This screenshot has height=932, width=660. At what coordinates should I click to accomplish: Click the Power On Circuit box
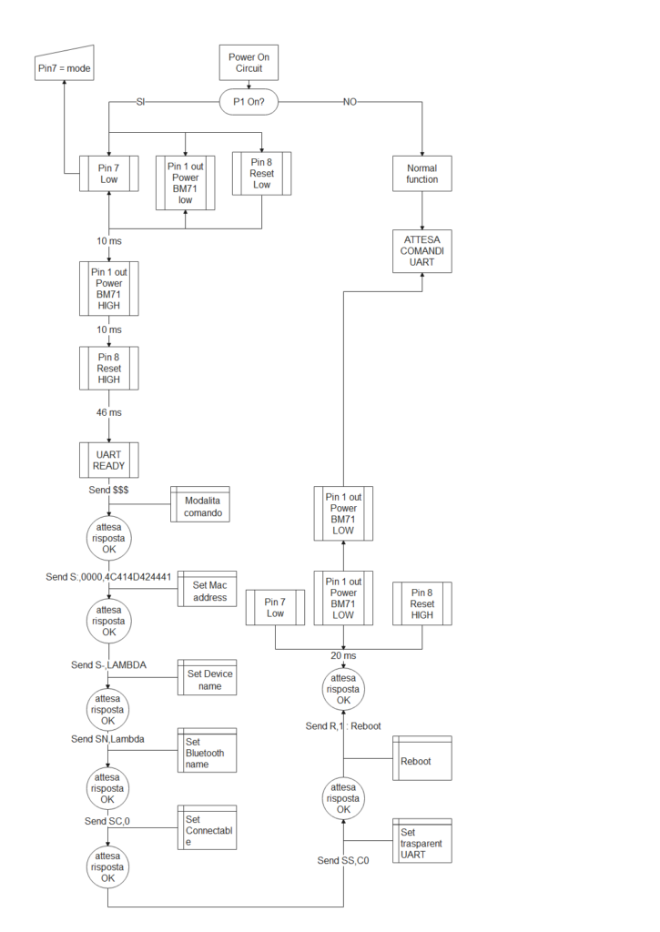(249, 63)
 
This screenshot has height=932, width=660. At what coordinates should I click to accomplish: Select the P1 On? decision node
(249, 102)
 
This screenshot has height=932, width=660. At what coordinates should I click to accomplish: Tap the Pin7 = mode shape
(65, 63)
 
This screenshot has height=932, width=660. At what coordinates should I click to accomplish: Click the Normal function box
(422, 174)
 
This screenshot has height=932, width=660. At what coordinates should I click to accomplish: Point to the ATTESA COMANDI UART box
(422, 251)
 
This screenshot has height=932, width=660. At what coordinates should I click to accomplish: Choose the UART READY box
(109, 460)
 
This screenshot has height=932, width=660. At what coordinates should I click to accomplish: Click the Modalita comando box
(200, 504)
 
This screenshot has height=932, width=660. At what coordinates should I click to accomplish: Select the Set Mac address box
(207, 589)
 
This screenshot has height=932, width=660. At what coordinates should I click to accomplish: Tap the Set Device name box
(207, 677)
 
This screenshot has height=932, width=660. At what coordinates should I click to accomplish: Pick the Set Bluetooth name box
(207, 750)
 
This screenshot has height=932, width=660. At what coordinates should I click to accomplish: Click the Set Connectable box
(207, 827)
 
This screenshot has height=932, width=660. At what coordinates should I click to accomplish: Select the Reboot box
(422, 758)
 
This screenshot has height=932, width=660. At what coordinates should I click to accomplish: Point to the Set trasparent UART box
(422, 840)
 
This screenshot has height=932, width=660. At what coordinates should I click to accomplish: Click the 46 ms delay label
(109, 412)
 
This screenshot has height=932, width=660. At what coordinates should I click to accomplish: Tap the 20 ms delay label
(344, 655)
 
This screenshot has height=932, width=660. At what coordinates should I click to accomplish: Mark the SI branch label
(140, 102)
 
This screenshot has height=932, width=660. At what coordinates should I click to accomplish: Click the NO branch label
(350, 102)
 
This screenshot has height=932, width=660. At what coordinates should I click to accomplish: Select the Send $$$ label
(109, 490)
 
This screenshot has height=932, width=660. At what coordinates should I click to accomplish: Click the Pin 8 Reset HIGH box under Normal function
(422, 603)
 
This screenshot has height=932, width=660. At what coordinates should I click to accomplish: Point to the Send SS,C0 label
(343, 860)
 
